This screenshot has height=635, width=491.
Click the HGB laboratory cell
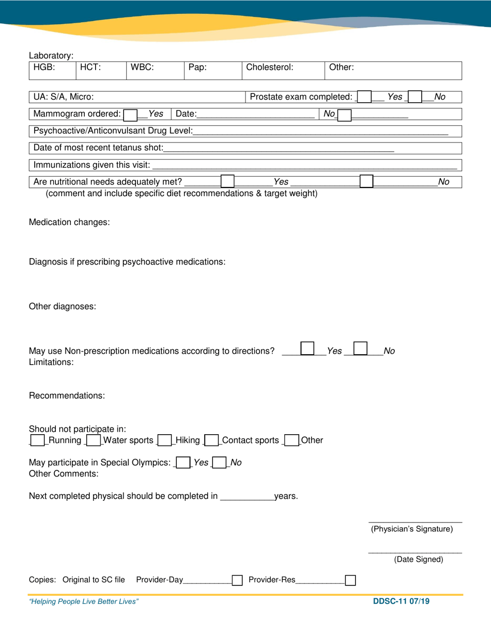pyautogui.click(x=52, y=70)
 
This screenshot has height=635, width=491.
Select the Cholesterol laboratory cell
pyautogui.click(x=283, y=70)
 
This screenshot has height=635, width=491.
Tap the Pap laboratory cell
pyautogui.click(x=213, y=70)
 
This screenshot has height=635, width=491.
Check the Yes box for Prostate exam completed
pyautogui.click(x=364, y=97)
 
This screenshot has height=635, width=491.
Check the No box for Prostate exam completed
pyautogui.click(x=415, y=97)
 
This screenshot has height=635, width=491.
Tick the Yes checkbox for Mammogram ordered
pyautogui.click(x=130, y=114)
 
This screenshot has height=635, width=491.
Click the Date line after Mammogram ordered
pyautogui.click(x=256, y=114)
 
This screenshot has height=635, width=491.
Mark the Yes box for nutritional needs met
pyautogui.click(x=227, y=181)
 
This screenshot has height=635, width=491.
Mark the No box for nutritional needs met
pyautogui.click(x=366, y=181)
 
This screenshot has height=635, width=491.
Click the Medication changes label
pyautogui.click(x=69, y=223)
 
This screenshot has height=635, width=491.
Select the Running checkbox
pyautogui.click(x=37, y=440)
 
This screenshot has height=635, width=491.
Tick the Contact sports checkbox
pyautogui.click(x=211, y=440)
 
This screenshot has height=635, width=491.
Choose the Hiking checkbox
pyautogui.click(x=164, y=440)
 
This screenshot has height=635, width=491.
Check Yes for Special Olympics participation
pyautogui.click(x=182, y=463)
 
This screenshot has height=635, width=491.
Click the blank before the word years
pyautogui.click(x=247, y=497)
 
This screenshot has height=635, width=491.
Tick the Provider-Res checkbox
pyautogui.click(x=350, y=580)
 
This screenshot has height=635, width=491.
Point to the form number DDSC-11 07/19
pyautogui.click(x=402, y=601)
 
